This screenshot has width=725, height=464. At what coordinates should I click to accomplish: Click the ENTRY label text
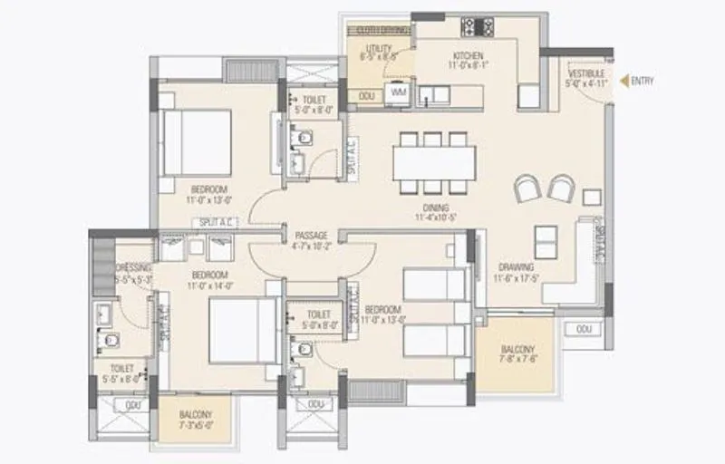pos(643,82)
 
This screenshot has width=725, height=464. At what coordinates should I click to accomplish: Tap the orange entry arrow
pos(623,82)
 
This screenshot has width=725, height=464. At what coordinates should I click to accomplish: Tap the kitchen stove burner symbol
pos(476,26)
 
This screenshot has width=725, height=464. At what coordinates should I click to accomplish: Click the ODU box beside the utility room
pos(367,94)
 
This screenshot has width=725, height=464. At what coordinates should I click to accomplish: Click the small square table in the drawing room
pos(592,196)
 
